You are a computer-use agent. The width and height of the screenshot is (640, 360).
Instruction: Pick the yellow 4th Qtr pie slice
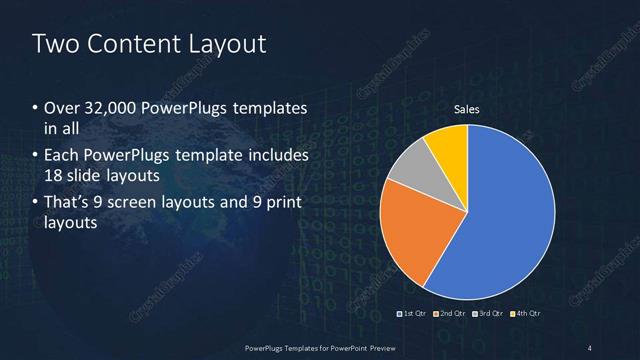coord(448,144)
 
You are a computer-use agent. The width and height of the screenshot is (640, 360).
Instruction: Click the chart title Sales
coord(467,109)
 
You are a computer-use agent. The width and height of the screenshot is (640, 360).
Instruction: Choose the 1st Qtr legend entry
coord(413,313)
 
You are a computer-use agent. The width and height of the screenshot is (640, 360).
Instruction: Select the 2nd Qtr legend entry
coord(451,313)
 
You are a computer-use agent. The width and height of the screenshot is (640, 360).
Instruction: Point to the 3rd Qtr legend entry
coord(489,313)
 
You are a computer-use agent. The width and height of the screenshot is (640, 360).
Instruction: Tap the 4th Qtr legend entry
coord(526,313)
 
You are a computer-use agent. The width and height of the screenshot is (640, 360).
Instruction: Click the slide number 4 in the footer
coord(590,347)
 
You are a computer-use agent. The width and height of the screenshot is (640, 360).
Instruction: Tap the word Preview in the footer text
coord(379,347)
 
